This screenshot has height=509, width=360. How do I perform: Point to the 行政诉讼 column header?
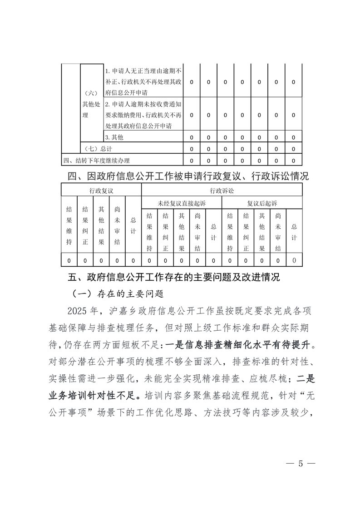tap(222, 191)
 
